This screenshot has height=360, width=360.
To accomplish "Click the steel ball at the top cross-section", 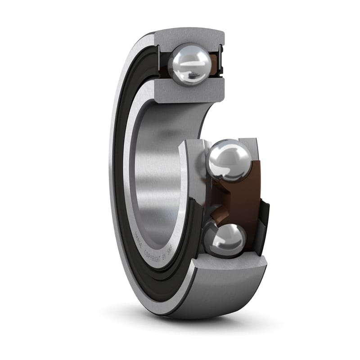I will click(x=189, y=63).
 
